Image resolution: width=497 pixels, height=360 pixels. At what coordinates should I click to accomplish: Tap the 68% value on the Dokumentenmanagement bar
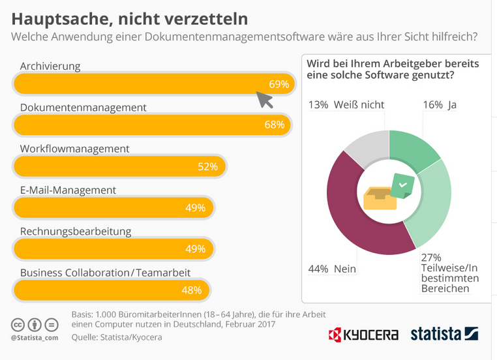point(274,125)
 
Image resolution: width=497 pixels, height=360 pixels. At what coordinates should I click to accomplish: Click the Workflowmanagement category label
point(74,149)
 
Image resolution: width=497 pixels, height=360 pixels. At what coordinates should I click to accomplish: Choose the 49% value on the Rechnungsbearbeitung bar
point(195,249)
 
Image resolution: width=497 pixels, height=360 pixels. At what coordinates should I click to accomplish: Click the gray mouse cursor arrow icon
point(264,100)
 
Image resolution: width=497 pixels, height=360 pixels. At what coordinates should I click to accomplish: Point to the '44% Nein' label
point(333,269)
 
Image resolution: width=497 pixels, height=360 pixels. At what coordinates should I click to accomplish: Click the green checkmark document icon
point(402,187)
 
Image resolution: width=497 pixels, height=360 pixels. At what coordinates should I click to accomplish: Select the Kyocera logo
point(363,335)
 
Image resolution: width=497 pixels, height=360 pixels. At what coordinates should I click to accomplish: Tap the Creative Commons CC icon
point(18,325)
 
